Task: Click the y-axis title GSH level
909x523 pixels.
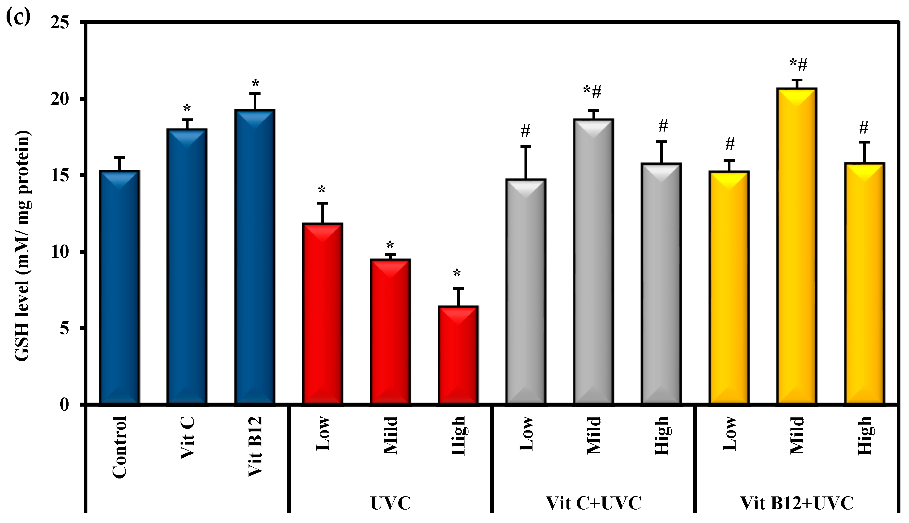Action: (x=22, y=246)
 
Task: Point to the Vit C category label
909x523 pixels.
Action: (x=187, y=437)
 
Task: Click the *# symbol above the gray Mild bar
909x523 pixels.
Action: (x=592, y=92)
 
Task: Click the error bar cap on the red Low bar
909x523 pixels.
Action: (x=323, y=203)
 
